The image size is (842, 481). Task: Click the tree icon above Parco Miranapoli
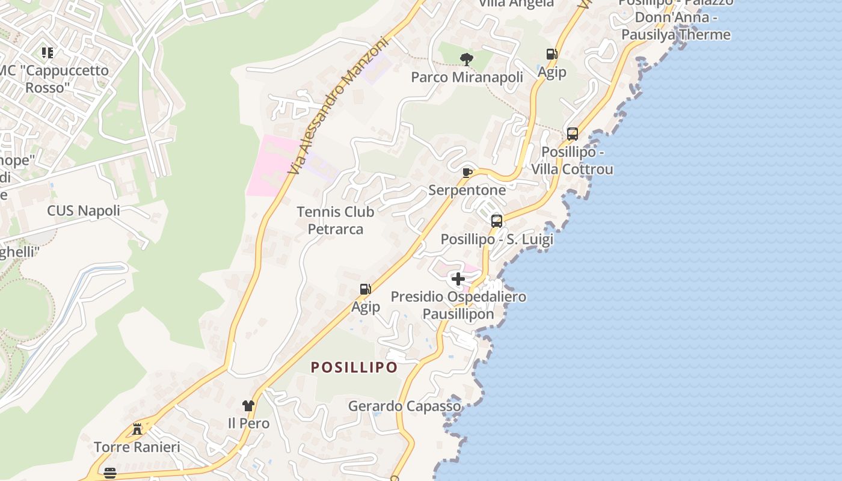coord(466,59)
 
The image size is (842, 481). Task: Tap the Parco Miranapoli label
coord(467,78)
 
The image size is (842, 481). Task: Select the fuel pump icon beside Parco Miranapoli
coord(552,54)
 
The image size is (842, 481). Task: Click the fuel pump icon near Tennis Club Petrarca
coord(365,289)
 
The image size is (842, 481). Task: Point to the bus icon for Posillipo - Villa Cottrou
coord(573,133)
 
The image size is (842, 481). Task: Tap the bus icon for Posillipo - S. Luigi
coord(497,221)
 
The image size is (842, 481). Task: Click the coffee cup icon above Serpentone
coord(467,173)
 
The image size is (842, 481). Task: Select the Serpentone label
coord(467,191)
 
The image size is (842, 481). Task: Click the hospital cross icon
coord(458,279)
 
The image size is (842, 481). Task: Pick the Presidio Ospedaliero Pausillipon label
coord(458,305)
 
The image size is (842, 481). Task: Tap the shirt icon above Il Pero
coord(248,406)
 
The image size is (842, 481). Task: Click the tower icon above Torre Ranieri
coord(137,429)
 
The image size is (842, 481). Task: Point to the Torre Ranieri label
coord(137,447)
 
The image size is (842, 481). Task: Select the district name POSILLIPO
coord(354,367)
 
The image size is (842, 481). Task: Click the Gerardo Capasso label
coord(404,406)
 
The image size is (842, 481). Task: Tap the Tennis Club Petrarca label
coord(336,221)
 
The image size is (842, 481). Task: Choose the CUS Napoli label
coord(84,211)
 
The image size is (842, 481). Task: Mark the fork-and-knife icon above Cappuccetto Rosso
coord(47,53)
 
